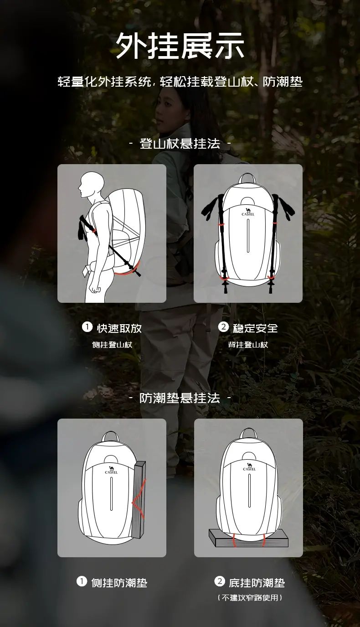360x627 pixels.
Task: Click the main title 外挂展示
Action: pos(180,45)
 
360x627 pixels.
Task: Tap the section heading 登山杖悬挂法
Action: pos(180,144)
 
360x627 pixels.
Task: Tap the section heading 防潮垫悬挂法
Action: pos(180,398)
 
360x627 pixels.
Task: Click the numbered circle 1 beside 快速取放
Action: pos(87,327)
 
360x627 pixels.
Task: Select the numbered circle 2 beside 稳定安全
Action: pos(223,327)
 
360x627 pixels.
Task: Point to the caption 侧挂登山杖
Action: pos(112,345)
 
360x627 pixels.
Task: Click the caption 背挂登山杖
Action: pos(248,345)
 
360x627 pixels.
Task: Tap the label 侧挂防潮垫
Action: pos(119,583)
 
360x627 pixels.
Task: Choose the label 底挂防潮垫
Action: pos(257,583)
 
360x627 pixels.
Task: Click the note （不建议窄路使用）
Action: pos(250,598)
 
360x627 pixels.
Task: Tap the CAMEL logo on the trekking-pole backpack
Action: pos(248,212)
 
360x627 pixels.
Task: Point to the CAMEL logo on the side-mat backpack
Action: pos(111,470)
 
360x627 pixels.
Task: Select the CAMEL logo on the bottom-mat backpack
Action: pos(249,467)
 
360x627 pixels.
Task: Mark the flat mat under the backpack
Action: pos(248,538)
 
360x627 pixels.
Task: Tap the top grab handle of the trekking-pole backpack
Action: pos(247,177)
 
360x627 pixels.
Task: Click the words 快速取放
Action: pos(119,328)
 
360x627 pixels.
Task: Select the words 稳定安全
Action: pos(255,328)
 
